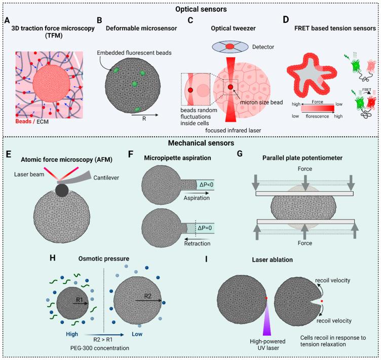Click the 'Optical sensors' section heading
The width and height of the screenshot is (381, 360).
[x=190, y=9]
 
